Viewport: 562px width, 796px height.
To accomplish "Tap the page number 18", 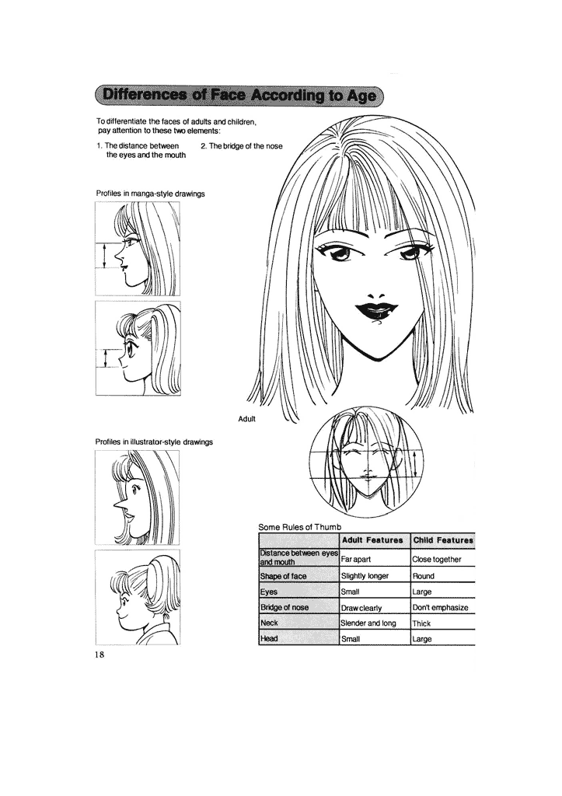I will pyautogui.click(x=99, y=655).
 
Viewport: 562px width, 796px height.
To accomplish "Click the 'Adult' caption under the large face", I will pyautogui.click(x=247, y=419).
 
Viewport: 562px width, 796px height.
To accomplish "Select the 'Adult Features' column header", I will pyautogui.click(x=372, y=539).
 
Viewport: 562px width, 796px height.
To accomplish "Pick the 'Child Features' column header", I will pyautogui.click(x=442, y=539).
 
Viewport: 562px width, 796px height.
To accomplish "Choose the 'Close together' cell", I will pyautogui.click(x=437, y=559).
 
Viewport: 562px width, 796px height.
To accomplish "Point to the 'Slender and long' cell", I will pyautogui.click(x=368, y=623).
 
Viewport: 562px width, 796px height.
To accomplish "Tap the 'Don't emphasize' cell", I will pyautogui.click(x=440, y=607).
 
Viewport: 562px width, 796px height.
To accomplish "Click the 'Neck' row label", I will pyautogui.click(x=270, y=623).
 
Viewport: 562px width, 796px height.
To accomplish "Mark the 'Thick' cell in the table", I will pyautogui.click(x=423, y=623).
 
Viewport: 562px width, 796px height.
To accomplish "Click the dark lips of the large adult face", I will pyautogui.click(x=374, y=312).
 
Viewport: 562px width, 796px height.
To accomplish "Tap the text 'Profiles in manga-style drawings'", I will pyautogui.click(x=150, y=193).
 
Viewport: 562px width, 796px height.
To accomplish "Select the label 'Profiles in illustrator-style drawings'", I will pyautogui.click(x=154, y=442).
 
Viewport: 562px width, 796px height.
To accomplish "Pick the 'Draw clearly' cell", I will pyautogui.click(x=362, y=607).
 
